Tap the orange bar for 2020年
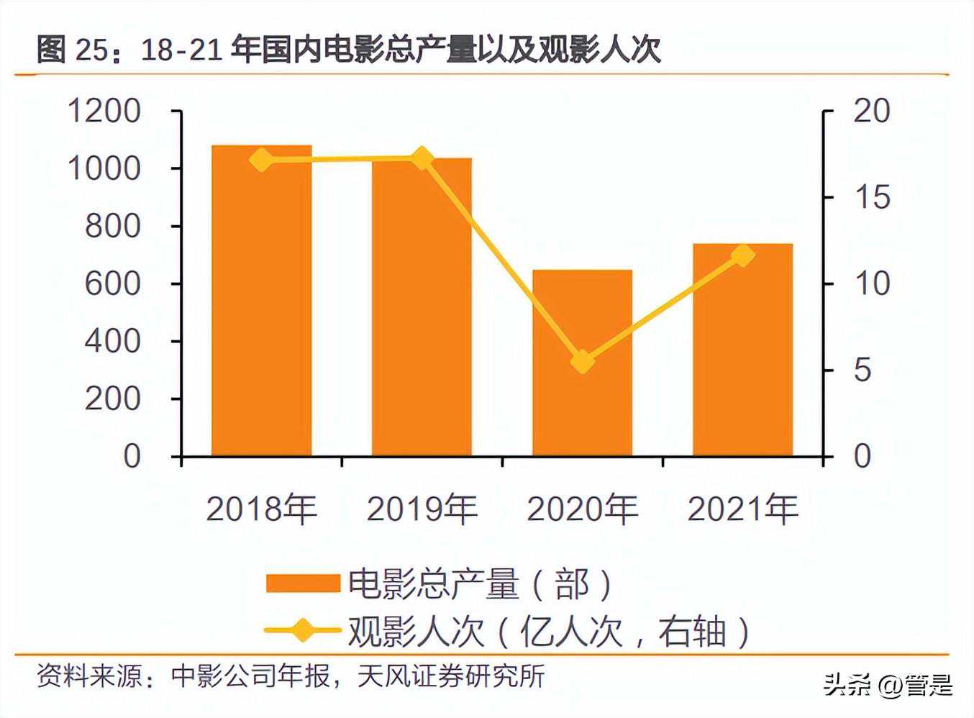tap(582, 363)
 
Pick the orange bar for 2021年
tap(742, 350)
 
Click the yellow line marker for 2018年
tap(262, 160)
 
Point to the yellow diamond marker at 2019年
tap(422, 158)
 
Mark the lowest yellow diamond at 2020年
tap(582, 361)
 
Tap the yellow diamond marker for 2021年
tap(742, 255)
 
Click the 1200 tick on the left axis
tap(104, 112)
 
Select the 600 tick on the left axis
tap(112, 284)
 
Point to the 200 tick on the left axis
tap(112, 399)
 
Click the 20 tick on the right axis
tap(871, 112)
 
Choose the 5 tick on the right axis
tap(862, 371)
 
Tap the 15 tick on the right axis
tap(871, 198)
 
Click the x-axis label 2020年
tap(582, 509)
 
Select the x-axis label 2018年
tap(261, 509)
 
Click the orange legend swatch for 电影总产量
tap(302, 583)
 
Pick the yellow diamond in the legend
tap(302, 631)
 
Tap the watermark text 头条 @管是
tap(888, 684)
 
